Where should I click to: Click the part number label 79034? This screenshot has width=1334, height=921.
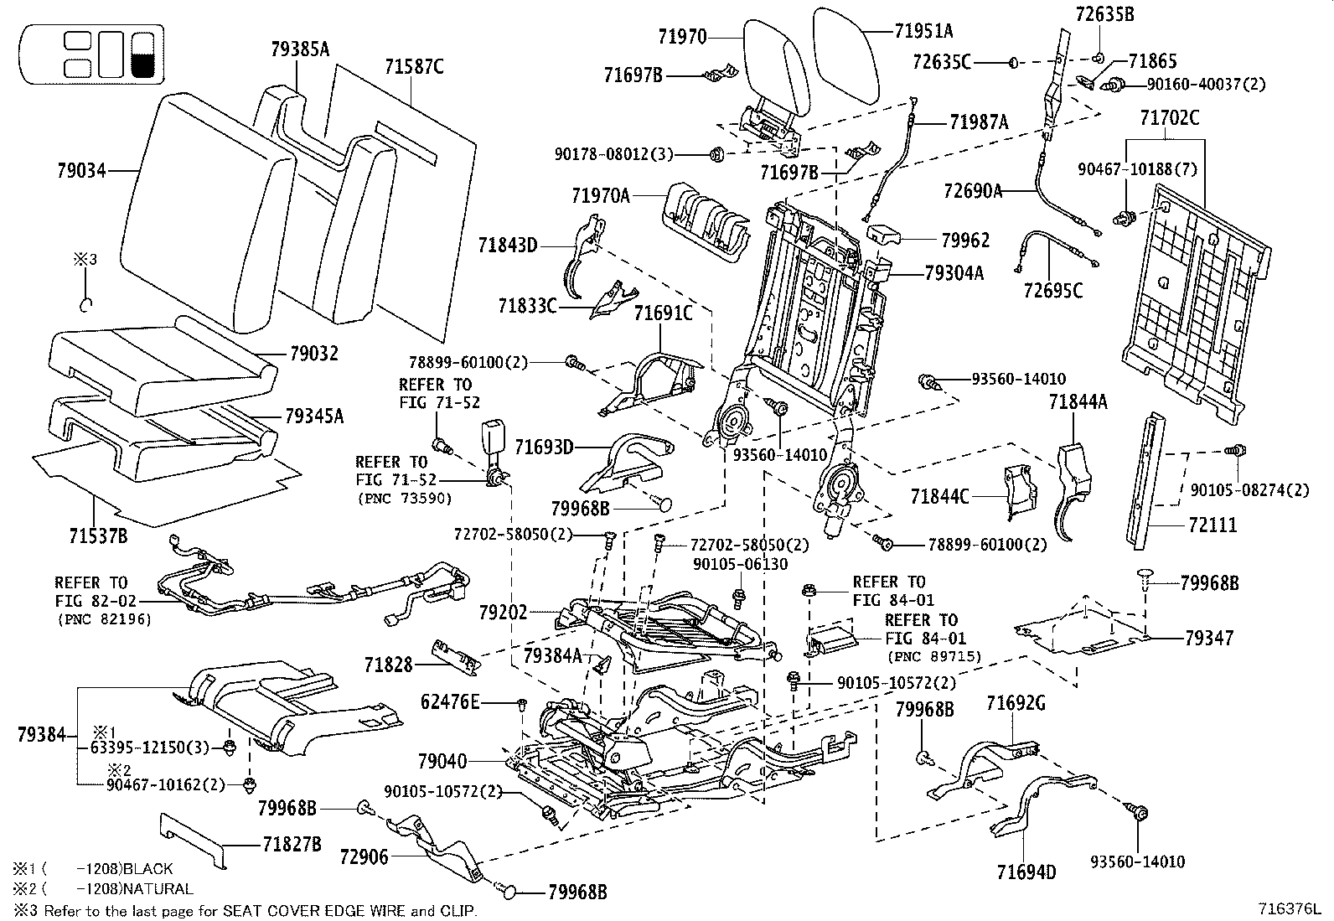pyautogui.click(x=81, y=171)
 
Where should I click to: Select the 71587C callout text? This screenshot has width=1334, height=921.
pyautogui.click(x=414, y=66)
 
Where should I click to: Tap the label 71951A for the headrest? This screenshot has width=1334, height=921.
pyautogui.click(x=923, y=32)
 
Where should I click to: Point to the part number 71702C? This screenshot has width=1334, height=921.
pyautogui.click(x=1169, y=118)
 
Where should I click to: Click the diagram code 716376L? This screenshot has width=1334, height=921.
pyautogui.click(x=1289, y=908)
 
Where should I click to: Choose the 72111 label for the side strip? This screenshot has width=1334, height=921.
pyautogui.click(x=1212, y=525)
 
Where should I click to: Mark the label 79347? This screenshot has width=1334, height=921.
pyautogui.click(x=1209, y=639)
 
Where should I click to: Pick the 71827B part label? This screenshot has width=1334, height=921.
pyautogui.click(x=292, y=844)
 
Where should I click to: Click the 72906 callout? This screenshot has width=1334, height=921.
pyautogui.click(x=365, y=856)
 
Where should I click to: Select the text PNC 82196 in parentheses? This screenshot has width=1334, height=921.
pyautogui.click(x=104, y=620)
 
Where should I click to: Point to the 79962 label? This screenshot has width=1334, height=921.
pyautogui.click(x=964, y=241)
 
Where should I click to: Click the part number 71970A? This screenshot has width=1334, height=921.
pyautogui.click(x=600, y=196)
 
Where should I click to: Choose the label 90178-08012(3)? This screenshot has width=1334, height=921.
pyautogui.click(x=614, y=154)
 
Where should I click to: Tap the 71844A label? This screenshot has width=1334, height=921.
pyautogui.click(x=1078, y=402)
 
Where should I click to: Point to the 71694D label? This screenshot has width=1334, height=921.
pyautogui.click(x=1026, y=872)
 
